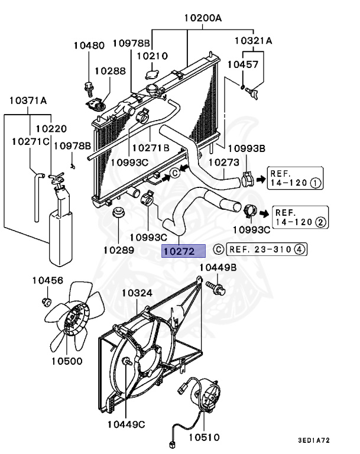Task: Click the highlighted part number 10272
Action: click(183, 251)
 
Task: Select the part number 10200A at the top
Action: click(202, 18)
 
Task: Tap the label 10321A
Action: click(253, 41)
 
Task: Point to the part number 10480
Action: click(89, 45)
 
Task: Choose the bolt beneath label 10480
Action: click(89, 87)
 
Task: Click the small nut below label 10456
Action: click(46, 303)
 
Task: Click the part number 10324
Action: click(137, 293)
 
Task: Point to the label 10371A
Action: click(28, 100)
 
